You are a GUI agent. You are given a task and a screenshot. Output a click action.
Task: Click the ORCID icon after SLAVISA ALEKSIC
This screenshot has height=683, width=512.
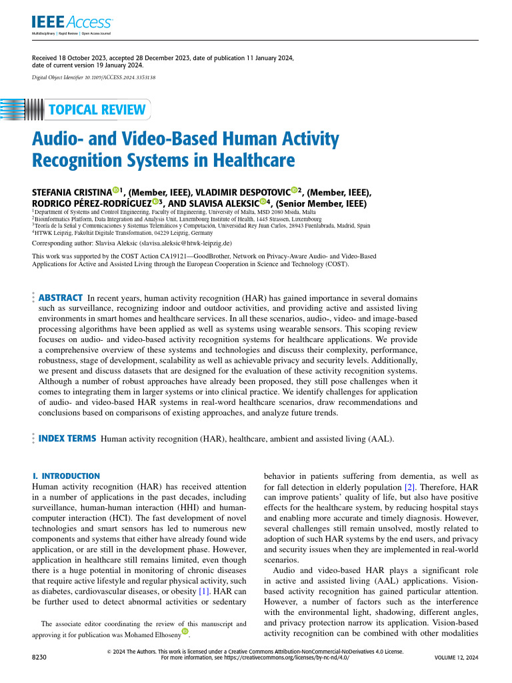point(263,202)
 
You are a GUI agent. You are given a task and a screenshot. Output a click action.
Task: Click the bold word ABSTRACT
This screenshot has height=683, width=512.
point(61,297)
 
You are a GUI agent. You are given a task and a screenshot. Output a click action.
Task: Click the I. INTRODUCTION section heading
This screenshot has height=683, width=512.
point(66,476)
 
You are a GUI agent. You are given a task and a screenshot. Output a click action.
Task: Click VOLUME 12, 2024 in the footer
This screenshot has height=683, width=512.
point(456,657)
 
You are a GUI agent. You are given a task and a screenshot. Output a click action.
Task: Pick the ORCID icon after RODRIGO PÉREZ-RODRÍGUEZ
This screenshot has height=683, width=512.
point(155,202)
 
